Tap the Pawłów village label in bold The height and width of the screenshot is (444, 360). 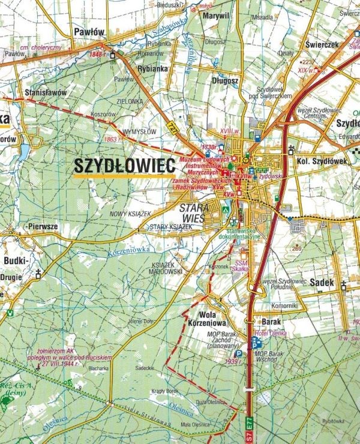pos(89,31)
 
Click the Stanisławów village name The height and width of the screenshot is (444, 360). pos(45,92)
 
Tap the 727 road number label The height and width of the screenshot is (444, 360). pos(174,128)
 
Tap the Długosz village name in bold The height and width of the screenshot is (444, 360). pos(225,80)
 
